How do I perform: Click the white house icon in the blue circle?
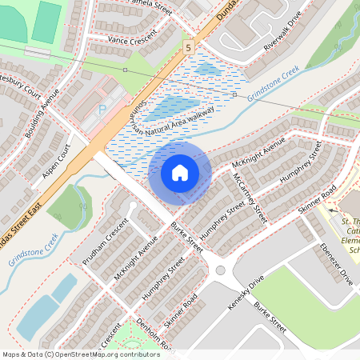[x=180, y=172]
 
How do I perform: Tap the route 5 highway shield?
[x=187, y=47]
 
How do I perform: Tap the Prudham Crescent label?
[x=105, y=241]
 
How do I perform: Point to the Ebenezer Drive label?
[x=335, y=265]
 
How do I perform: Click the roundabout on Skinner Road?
[x=220, y=270]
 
